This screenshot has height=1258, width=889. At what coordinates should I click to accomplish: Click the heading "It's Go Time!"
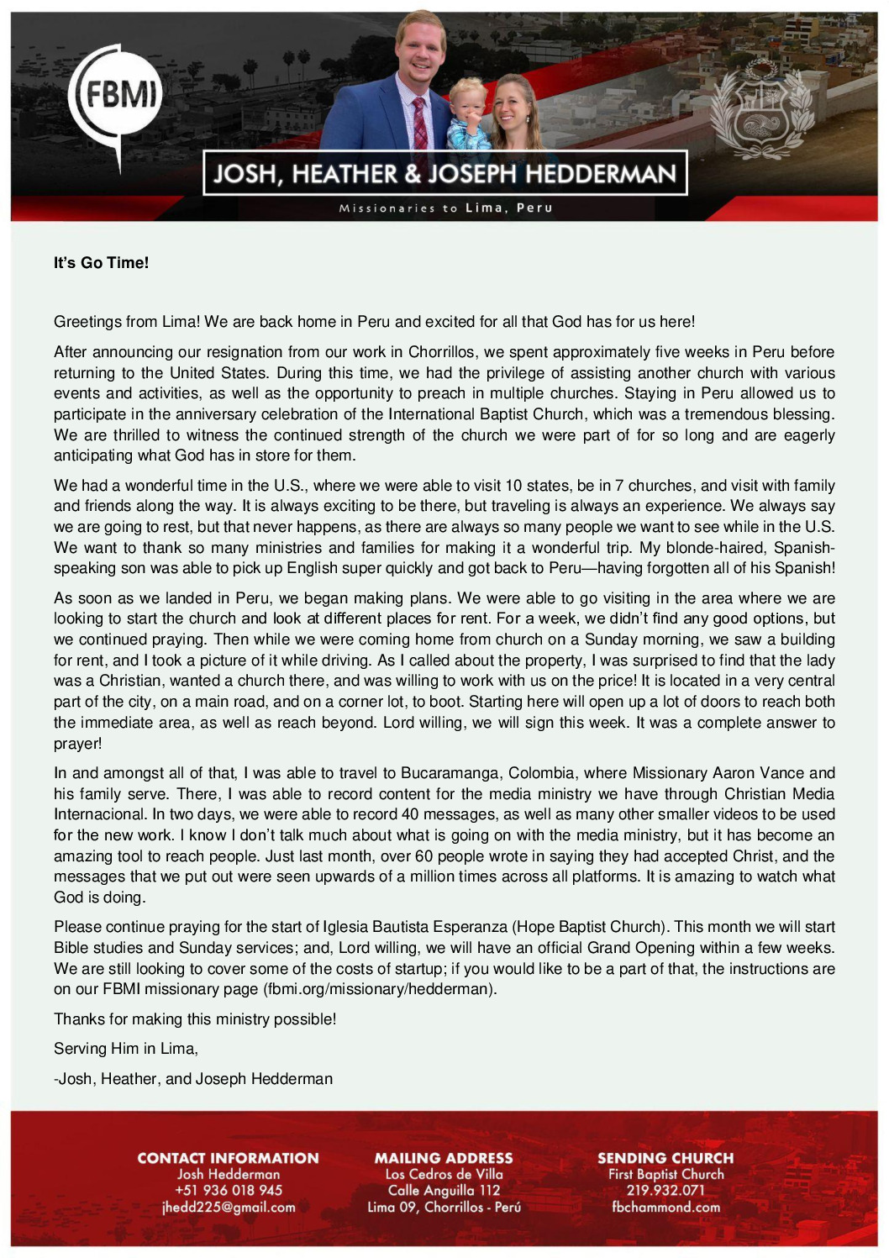[x=101, y=263]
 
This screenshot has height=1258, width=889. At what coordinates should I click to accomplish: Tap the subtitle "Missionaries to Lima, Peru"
[x=445, y=208]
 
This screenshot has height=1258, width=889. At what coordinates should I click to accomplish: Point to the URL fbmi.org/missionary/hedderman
[x=378, y=989]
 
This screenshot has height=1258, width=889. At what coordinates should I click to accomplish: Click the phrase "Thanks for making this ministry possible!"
[x=195, y=1019]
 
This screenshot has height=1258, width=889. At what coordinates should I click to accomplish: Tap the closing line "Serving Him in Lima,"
[x=126, y=1049]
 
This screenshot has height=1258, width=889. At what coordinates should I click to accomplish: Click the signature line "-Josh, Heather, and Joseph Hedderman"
[x=193, y=1079]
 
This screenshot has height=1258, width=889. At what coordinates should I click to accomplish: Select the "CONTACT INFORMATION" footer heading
[x=228, y=1158]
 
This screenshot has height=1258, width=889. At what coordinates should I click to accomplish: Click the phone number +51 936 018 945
[x=228, y=1191]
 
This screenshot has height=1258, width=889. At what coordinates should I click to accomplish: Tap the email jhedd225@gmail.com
[x=228, y=1208]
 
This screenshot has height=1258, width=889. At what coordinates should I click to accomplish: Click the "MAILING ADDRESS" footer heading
[x=444, y=1158]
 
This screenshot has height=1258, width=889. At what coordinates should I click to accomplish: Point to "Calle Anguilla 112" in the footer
[x=444, y=1191]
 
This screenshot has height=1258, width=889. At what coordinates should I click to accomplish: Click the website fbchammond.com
[x=665, y=1208]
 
